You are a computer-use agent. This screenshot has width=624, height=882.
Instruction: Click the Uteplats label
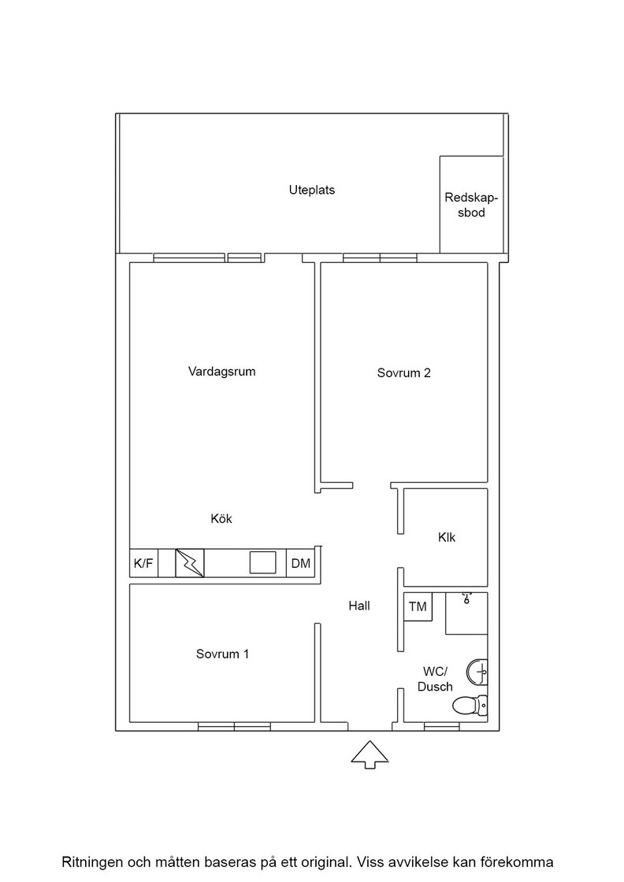(x=312, y=190)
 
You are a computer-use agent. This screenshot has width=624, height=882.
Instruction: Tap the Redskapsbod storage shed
(x=471, y=204)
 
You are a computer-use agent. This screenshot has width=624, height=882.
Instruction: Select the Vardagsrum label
(x=221, y=371)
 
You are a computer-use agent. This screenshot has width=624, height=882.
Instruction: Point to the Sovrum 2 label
(x=404, y=372)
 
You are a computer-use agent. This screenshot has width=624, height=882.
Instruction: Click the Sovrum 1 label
(x=222, y=654)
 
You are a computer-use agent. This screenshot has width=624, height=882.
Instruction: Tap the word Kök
(x=221, y=519)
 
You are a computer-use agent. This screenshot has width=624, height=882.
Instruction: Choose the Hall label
(x=359, y=606)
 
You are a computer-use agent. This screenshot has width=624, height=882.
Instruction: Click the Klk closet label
(x=447, y=537)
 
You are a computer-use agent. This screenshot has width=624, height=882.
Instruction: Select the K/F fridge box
(x=144, y=563)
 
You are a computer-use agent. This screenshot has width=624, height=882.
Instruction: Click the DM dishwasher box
(x=300, y=563)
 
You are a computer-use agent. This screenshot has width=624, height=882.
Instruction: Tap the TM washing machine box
(x=418, y=607)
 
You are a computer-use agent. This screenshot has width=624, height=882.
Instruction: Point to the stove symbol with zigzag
(x=190, y=563)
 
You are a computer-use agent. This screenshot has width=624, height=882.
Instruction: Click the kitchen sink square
(x=263, y=562)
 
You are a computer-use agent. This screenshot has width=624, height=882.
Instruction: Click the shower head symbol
(x=466, y=598)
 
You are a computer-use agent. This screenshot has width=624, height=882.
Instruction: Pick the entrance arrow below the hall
(x=370, y=754)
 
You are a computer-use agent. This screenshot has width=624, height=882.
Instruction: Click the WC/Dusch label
(x=435, y=679)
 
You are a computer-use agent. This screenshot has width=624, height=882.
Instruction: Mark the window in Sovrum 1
(x=234, y=727)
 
